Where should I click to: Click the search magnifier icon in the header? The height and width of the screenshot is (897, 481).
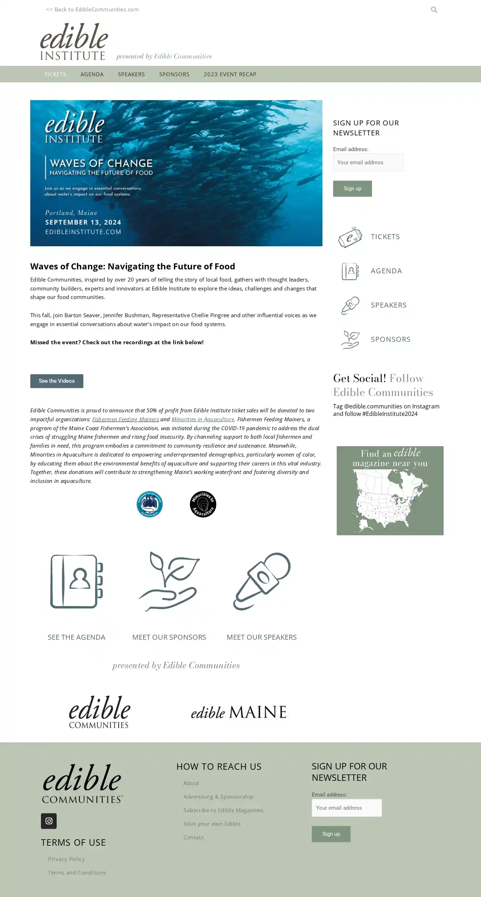(x=434, y=10)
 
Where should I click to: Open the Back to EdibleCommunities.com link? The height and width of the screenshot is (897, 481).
(x=92, y=10)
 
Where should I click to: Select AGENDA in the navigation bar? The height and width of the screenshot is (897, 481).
(x=92, y=74)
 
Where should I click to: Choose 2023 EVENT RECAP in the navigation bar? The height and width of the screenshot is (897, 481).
(x=230, y=74)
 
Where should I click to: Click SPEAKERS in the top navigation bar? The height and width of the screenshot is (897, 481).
(x=131, y=74)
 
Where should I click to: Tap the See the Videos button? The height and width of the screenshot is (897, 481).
(x=57, y=381)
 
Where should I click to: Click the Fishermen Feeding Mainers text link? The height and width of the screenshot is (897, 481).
(x=125, y=419)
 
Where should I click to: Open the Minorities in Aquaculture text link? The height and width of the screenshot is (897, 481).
(x=203, y=419)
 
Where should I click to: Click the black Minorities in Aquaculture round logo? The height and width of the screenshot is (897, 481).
(x=203, y=504)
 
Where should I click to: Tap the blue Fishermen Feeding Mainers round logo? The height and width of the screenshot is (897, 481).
(x=150, y=504)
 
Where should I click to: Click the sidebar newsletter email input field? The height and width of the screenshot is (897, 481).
(x=368, y=163)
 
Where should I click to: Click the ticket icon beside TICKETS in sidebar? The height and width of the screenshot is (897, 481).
(x=350, y=237)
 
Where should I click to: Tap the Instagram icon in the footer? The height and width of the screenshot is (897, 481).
(x=49, y=821)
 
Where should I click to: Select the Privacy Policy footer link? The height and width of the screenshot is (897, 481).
(x=66, y=859)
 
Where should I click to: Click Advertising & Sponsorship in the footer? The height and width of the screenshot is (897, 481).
(x=218, y=797)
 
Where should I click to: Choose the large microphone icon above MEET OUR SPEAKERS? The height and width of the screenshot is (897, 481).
(x=262, y=581)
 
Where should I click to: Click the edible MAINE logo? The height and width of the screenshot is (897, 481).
(x=238, y=712)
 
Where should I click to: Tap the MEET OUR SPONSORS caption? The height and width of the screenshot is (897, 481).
(x=169, y=637)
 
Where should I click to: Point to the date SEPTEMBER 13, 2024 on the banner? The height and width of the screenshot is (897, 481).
(x=83, y=222)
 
